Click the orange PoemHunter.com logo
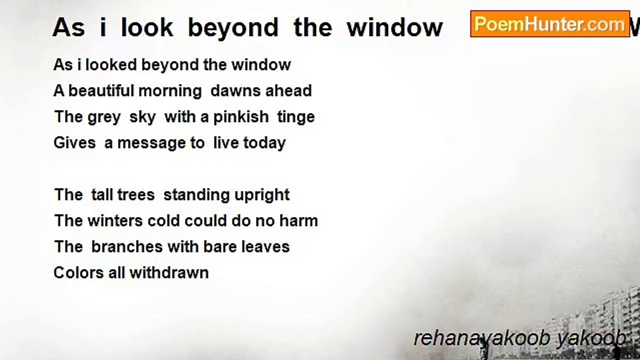(550, 24)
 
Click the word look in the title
(147, 27)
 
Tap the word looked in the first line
(111, 64)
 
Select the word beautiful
(101, 91)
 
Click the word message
(151, 143)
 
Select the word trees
(136, 195)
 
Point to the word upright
(262, 195)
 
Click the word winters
(115, 221)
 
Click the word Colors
(78, 273)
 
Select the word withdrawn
(169, 273)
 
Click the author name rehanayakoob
(482, 339)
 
